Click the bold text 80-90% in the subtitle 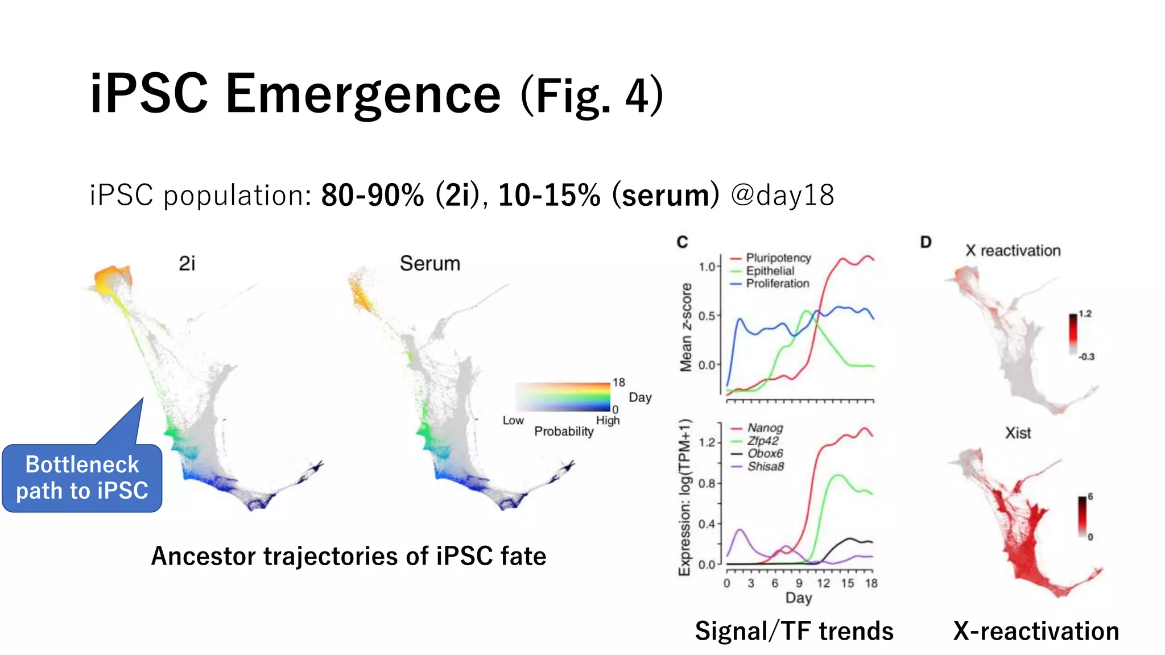click(373, 196)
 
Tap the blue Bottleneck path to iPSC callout click(82, 478)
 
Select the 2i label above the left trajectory click(187, 264)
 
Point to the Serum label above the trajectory click(429, 264)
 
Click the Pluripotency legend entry click(778, 258)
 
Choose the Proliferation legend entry click(777, 284)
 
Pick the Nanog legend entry click(765, 428)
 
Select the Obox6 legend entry click(765, 454)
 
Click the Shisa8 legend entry click(765, 467)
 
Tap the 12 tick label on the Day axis click(823, 583)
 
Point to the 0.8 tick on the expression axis click(707, 484)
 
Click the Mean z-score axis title click(687, 327)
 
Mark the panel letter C click(683, 243)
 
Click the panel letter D click(926, 243)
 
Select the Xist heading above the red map click(1018, 433)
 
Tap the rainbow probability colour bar click(563, 397)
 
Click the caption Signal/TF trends click(794, 631)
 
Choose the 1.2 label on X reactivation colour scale click(1085, 314)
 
